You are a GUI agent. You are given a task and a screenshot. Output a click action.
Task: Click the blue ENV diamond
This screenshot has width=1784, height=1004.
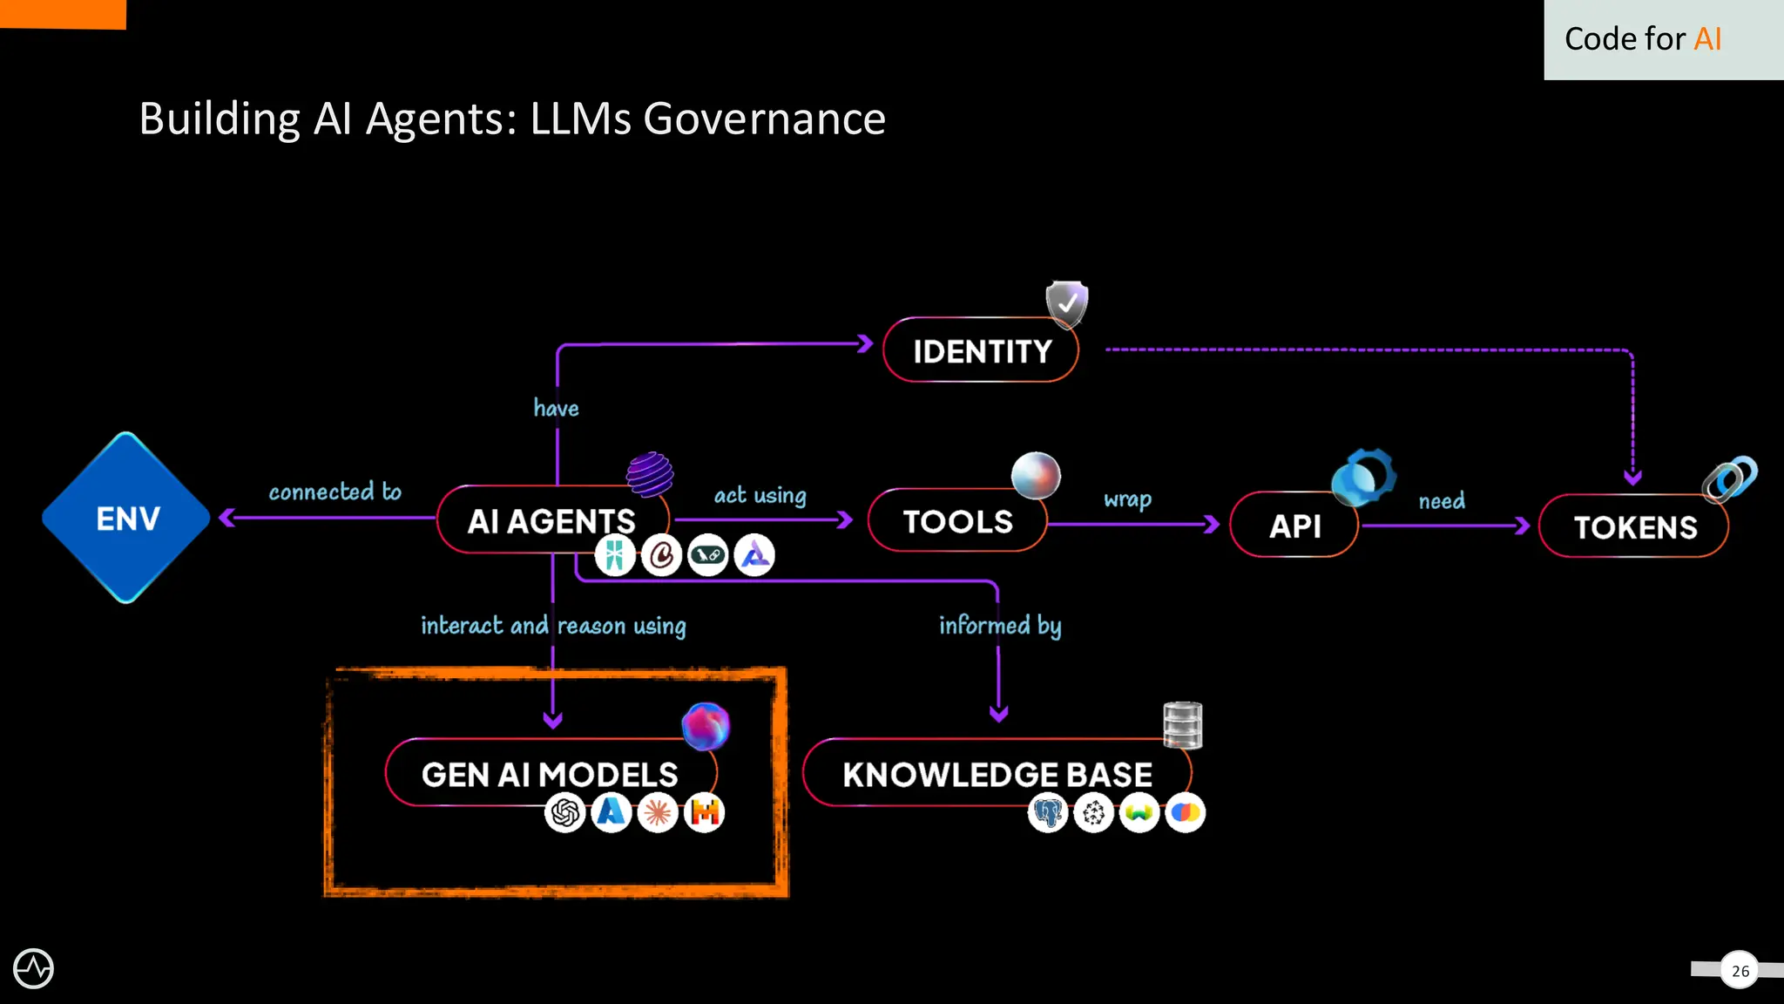pos(127,518)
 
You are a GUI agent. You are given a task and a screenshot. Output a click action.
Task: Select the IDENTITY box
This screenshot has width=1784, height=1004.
pos(981,351)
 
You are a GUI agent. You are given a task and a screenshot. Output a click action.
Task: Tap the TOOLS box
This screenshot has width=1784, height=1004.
pos(957,521)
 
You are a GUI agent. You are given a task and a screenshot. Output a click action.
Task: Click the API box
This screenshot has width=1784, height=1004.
pos(1294,526)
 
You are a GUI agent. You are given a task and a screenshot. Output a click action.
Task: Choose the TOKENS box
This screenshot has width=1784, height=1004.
pos(1634,527)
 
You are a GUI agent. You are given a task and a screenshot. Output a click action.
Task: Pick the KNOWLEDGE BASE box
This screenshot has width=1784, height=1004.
pos(997,774)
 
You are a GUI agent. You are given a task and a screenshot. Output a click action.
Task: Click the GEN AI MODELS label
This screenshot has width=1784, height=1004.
pos(550,774)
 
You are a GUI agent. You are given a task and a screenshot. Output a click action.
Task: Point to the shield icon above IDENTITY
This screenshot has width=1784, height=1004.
pos(1067,303)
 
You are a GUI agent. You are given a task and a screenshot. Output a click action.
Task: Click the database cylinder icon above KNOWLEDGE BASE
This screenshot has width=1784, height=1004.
pos(1182,725)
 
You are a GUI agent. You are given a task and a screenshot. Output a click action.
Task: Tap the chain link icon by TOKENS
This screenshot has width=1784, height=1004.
pos(1730,478)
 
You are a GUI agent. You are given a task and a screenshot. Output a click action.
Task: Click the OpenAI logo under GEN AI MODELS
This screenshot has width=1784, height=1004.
pos(565,813)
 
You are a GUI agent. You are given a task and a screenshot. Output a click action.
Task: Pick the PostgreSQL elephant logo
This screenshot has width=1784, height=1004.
pos(1048,813)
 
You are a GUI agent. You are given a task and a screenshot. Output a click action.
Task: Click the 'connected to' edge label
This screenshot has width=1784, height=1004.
pos(335,492)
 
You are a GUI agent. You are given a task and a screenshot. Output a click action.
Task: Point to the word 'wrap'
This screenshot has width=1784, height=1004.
pos(1127,499)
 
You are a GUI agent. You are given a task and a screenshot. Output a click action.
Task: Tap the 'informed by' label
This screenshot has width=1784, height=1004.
pos(1000,626)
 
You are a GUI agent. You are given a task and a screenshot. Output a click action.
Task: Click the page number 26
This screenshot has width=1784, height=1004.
pos(1740,971)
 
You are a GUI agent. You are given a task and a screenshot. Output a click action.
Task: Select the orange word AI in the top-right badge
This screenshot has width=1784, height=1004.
pos(1707,39)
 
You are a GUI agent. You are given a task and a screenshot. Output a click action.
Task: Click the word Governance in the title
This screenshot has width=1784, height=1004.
pos(764,119)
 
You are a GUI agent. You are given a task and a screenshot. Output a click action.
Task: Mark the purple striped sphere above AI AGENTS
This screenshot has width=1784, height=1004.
pos(650,475)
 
